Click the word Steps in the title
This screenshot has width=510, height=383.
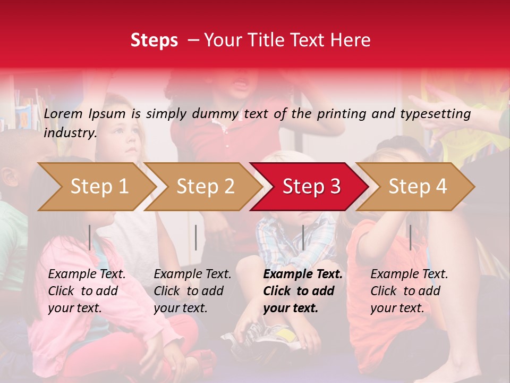pyautogui.click(x=154, y=40)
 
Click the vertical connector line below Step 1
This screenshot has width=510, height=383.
pyautogui.click(x=90, y=237)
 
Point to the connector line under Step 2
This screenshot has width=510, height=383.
pyautogui.click(x=196, y=237)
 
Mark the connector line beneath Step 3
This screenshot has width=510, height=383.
pyautogui.click(x=303, y=237)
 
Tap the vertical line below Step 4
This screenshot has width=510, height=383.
pyautogui.click(x=410, y=237)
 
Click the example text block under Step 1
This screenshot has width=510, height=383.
pyautogui.click(x=87, y=291)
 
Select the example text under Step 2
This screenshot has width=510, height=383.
pyautogui.click(x=192, y=291)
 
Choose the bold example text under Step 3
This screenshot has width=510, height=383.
pyautogui.click(x=303, y=291)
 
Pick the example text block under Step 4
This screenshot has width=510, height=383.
pyautogui.click(x=409, y=291)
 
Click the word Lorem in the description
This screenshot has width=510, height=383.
pyautogui.click(x=63, y=114)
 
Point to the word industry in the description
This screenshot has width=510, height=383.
pyautogui.click(x=70, y=133)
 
